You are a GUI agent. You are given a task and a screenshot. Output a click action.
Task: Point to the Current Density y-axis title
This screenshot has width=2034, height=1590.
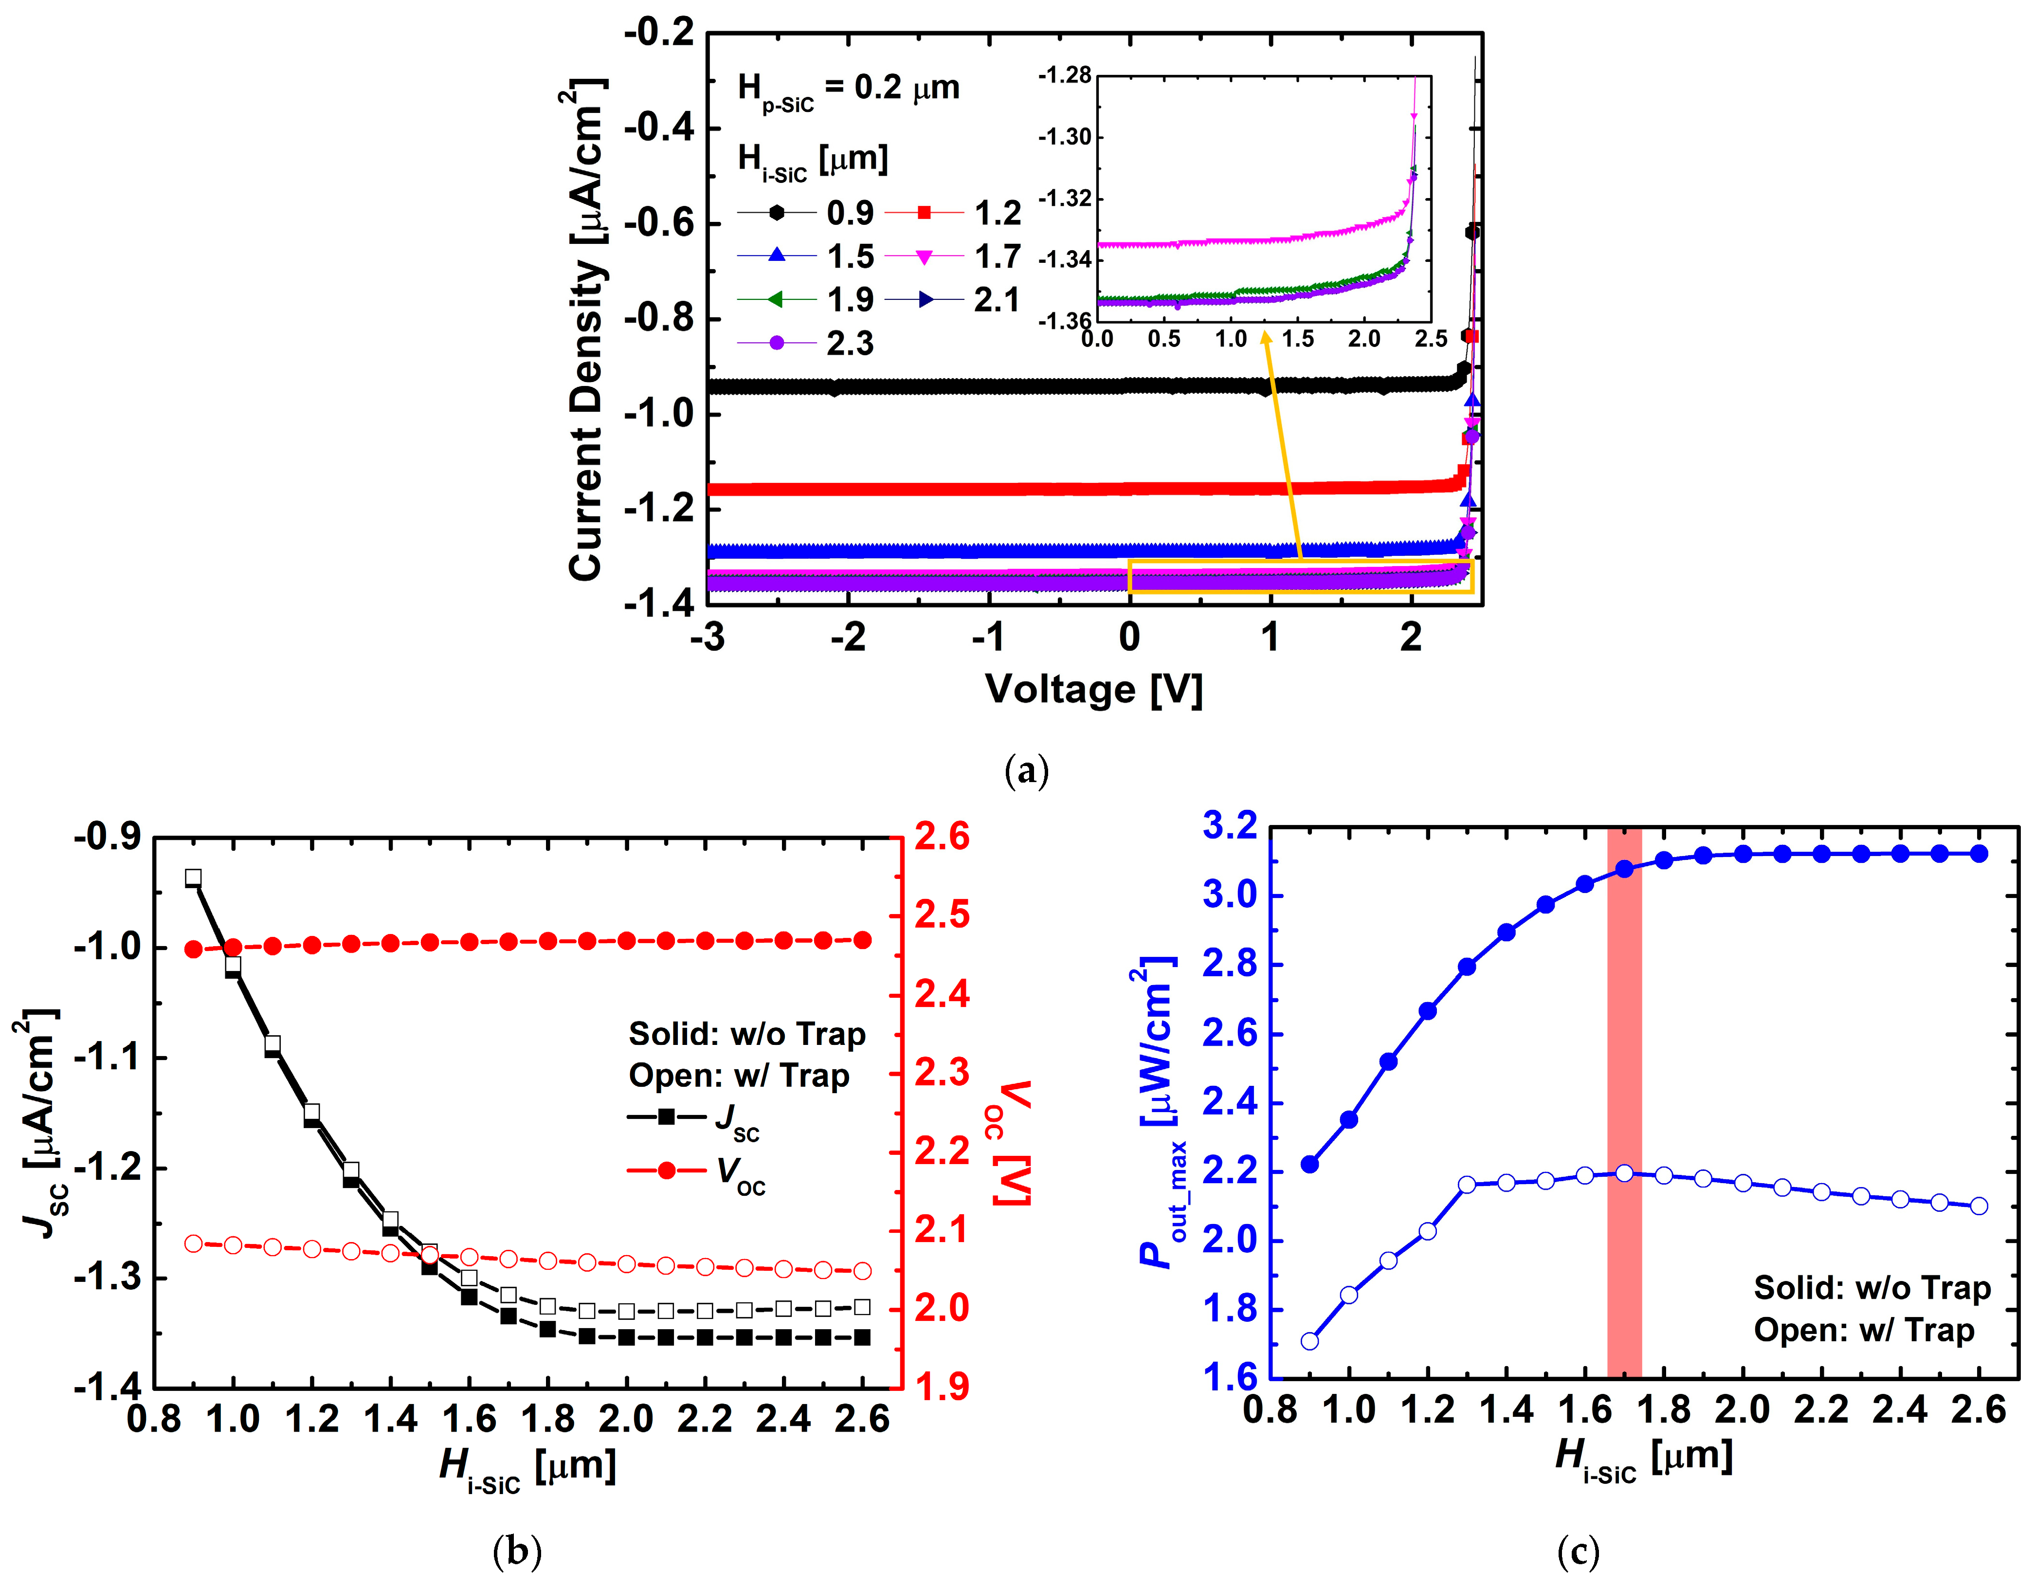[x=587, y=330]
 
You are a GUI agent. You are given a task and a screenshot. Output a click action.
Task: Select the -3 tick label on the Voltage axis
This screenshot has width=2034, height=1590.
[x=708, y=638]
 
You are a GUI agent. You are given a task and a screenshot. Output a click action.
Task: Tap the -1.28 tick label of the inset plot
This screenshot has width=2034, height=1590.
[x=1065, y=75]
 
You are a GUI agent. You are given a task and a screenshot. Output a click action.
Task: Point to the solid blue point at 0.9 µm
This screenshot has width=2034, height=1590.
[x=1309, y=1163]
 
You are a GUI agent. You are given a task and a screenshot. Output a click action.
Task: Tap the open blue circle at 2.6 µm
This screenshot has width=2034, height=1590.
[x=1979, y=1206]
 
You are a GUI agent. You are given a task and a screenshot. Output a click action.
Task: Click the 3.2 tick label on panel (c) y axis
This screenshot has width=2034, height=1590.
[x=1229, y=825]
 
